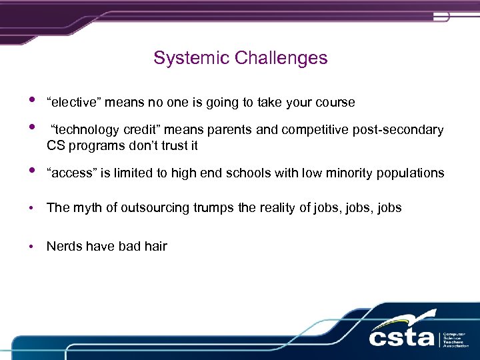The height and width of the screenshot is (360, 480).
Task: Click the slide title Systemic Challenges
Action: click(240, 58)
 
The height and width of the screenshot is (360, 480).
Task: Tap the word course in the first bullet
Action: click(335, 102)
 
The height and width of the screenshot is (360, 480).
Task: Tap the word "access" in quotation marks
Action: click(68, 173)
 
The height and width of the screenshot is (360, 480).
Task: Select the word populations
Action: click(411, 173)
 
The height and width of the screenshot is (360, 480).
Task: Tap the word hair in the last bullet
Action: click(155, 246)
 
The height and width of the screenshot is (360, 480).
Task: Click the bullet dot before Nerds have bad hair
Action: click(31, 247)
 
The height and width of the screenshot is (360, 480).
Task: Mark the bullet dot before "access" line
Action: click(31, 173)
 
